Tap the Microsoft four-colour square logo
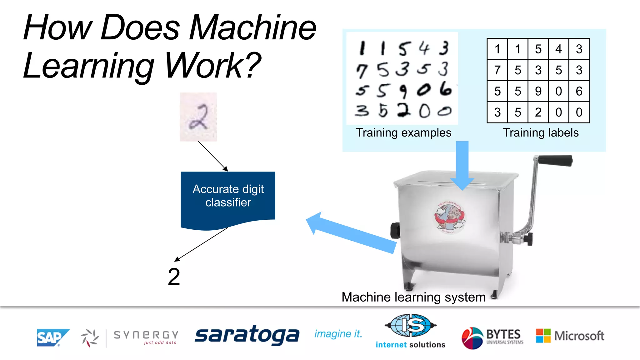[543, 336]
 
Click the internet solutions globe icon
[410, 325]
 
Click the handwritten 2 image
[198, 117]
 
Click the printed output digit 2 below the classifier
[174, 277]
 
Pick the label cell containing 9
[538, 91]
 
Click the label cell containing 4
[558, 49]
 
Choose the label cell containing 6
[579, 91]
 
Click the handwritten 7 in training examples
[362, 71]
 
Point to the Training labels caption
[541, 133]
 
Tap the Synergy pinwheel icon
[90, 338]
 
